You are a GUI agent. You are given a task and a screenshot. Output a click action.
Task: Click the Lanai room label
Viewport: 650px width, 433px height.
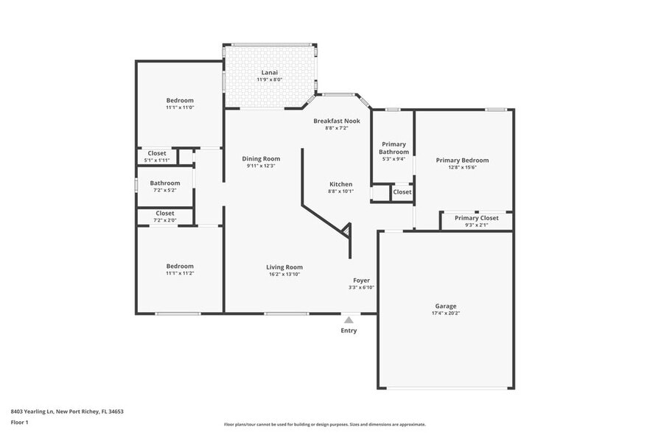coord(270,72)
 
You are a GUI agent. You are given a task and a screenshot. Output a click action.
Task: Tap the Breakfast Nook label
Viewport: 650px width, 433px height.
coord(336,121)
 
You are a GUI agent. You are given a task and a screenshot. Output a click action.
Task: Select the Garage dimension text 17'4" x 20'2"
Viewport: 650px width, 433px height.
coord(445,313)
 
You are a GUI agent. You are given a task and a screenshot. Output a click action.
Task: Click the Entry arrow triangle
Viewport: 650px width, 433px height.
coord(349,320)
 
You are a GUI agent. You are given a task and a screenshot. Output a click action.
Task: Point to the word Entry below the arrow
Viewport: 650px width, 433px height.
coord(349,331)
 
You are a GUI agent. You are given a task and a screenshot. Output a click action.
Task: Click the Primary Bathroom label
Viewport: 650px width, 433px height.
coord(394,148)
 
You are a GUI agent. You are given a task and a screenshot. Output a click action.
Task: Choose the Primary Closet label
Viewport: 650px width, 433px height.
coord(476,218)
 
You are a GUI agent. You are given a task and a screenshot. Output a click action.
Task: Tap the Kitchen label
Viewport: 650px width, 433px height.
coord(340,184)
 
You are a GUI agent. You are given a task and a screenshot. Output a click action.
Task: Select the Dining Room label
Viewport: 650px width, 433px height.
coord(261,158)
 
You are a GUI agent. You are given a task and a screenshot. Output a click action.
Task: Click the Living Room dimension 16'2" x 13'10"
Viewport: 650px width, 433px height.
coord(284,274)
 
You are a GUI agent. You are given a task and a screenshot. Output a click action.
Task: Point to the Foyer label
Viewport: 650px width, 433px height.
coord(361,281)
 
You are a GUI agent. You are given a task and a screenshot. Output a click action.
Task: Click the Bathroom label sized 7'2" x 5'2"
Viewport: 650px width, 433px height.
coord(165,183)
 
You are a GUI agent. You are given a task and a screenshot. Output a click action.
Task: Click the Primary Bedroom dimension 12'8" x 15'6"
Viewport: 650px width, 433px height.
coord(462,167)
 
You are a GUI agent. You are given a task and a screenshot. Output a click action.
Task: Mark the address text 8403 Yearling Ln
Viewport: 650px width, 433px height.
coord(37,412)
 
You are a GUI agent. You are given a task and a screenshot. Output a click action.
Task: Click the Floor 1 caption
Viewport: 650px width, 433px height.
coord(20,422)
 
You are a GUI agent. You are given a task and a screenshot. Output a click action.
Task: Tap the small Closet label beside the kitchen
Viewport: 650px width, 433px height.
coord(402,192)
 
